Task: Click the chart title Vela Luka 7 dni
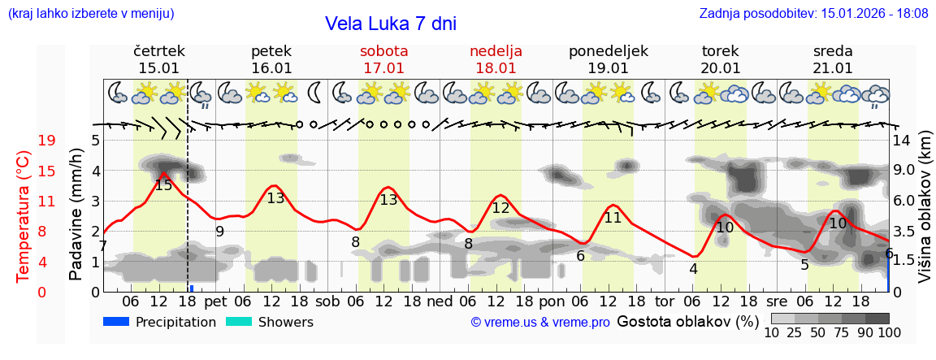click(x=390, y=24)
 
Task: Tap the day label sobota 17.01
click(x=383, y=59)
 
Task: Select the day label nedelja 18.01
click(x=496, y=59)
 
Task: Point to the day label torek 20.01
click(x=720, y=59)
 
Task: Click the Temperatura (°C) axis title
click(x=23, y=215)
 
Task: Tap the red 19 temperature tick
click(x=47, y=141)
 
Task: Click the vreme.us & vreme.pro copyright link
click(x=540, y=323)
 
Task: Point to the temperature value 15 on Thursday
click(x=163, y=185)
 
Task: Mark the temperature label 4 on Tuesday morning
click(x=693, y=269)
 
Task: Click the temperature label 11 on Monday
click(x=613, y=218)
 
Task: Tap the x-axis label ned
click(x=440, y=301)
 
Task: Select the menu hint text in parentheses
click(x=91, y=13)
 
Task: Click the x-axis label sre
click(x=778, y=301)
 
